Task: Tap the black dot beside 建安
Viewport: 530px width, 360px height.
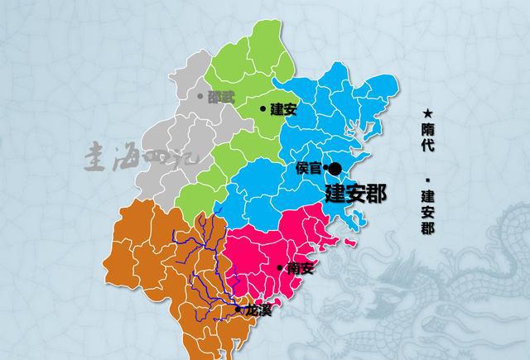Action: pos(263,108)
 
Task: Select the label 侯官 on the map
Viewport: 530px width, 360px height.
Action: pos(308,168)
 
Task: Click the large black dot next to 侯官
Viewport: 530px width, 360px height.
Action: pos(335,169)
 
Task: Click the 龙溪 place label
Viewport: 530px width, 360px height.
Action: pos(258,310)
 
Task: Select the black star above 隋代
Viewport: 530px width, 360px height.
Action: pos(427,113)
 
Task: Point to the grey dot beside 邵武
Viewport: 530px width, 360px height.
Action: pos(200,97)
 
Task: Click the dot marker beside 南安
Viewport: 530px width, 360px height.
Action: pos(280,266)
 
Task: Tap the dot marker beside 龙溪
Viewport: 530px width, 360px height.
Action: pos(238,310)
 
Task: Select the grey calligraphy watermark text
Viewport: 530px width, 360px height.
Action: pos(141,157)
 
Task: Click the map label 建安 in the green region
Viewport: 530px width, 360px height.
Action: pos(284,108)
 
